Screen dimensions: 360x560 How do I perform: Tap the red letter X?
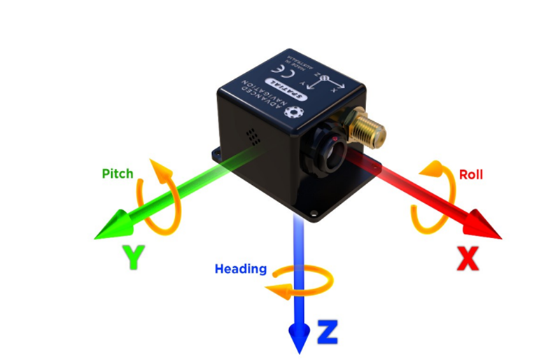click(x=467, y=258)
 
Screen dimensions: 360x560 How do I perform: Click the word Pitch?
click(x=117, y=173)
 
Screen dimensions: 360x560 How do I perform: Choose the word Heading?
click(x=240, y=269)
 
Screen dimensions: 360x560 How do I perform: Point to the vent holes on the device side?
click(x=253, y=136)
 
